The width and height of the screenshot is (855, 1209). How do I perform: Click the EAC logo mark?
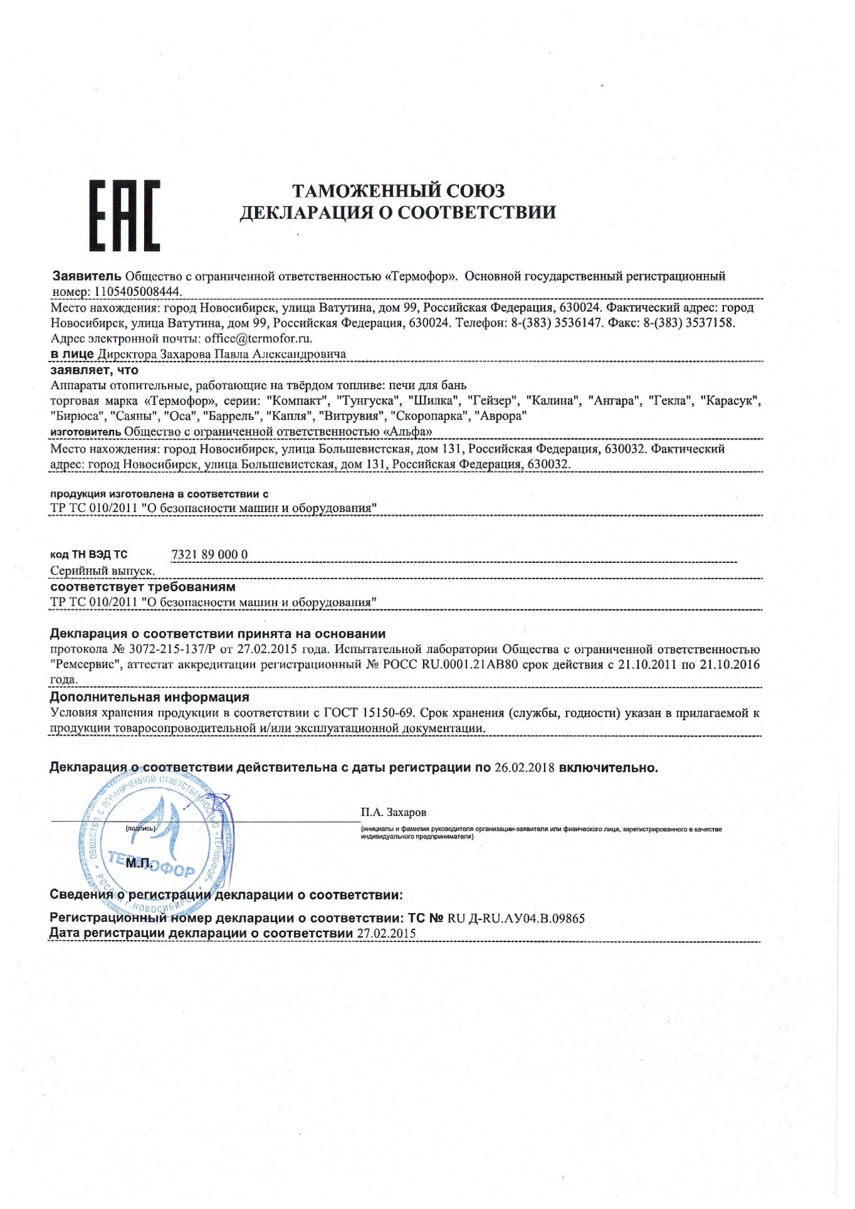[x=124, y=215]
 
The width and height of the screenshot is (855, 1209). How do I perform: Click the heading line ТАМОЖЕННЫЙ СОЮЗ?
[x=398, y=190]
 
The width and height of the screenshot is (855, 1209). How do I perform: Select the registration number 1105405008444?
[x=137, y=292]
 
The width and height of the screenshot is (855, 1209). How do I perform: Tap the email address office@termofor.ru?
[x=258, y=338]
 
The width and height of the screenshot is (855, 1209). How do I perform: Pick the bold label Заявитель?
[x=86, y=276]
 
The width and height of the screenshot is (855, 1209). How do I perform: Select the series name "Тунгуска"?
[x=369, y=400]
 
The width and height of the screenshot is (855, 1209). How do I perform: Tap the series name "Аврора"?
[x=501, y=416]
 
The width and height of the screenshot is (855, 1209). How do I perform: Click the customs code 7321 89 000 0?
[x=210, y=554]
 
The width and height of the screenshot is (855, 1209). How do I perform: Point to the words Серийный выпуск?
[x=103, y=570]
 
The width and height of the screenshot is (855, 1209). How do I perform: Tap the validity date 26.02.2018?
[x=524, y=768]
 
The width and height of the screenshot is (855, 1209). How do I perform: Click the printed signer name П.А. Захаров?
[x=394, y=812]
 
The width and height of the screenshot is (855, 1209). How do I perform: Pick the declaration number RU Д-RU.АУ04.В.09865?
[x=516, y=918]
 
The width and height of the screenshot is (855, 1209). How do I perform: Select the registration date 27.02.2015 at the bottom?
[x=386, y=933]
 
